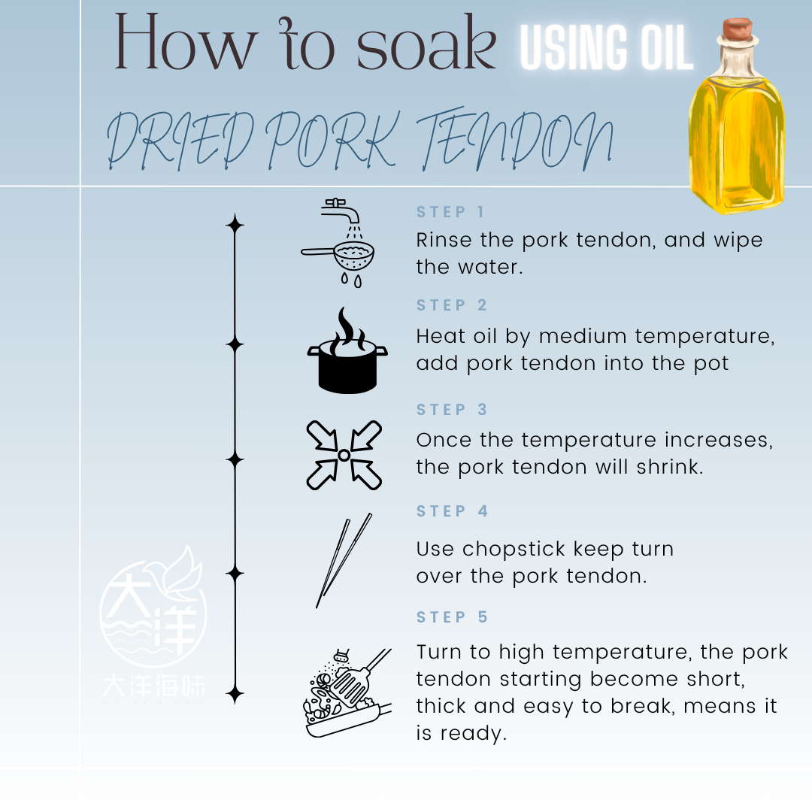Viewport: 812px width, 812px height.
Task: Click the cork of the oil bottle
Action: coord(738,29)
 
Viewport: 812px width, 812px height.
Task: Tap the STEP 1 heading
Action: coord(450,212)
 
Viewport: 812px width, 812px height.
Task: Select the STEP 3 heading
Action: coord(452,410)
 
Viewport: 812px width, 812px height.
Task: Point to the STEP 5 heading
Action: coord(452,617)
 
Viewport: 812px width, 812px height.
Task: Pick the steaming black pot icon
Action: coord(347,350)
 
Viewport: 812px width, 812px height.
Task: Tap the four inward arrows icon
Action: coord(344,455)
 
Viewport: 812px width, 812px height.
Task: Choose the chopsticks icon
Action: coord(344,560)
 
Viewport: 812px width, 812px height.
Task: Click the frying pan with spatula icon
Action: coord(347,692)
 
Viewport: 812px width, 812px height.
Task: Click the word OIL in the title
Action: coord(667,47)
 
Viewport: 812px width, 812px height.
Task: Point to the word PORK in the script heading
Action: coord(332,140)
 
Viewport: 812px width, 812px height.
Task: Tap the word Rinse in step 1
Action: coord(444,240)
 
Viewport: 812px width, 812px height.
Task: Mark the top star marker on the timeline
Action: coord(235,225)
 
